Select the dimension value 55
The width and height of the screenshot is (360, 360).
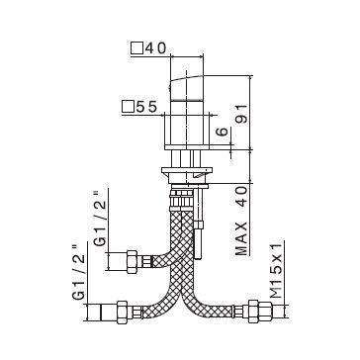pos(145,107)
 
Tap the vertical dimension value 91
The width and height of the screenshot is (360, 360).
pos(242,114)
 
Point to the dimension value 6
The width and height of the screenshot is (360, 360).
pos(224,132)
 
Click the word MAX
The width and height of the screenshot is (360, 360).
pos(241,238)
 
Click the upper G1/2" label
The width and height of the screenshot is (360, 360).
pos(100,219)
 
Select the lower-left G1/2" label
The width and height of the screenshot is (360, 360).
pos(78,272)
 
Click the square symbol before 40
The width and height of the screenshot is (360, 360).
pos(136,48)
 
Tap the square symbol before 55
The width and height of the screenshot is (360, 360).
pos(129,107)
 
